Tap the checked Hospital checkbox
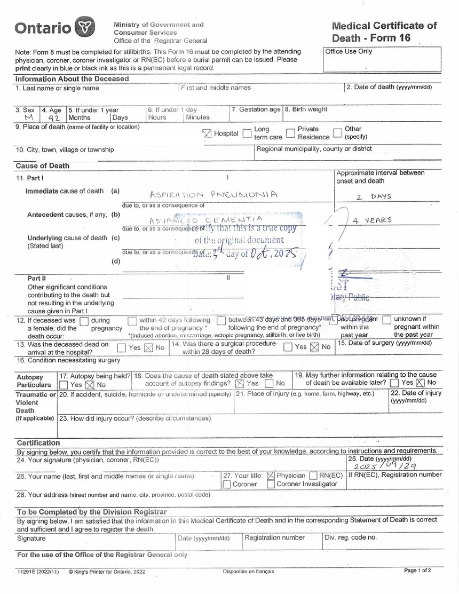207,133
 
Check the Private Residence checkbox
291,133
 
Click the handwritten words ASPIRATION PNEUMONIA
213,195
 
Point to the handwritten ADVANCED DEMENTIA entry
206,219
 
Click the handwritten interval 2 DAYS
374,196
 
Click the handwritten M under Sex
28,118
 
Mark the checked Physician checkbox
271,476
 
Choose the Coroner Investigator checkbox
271,485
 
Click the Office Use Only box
383,60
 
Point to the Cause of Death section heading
42,165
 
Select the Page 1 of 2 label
417,571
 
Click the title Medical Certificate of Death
384,31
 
